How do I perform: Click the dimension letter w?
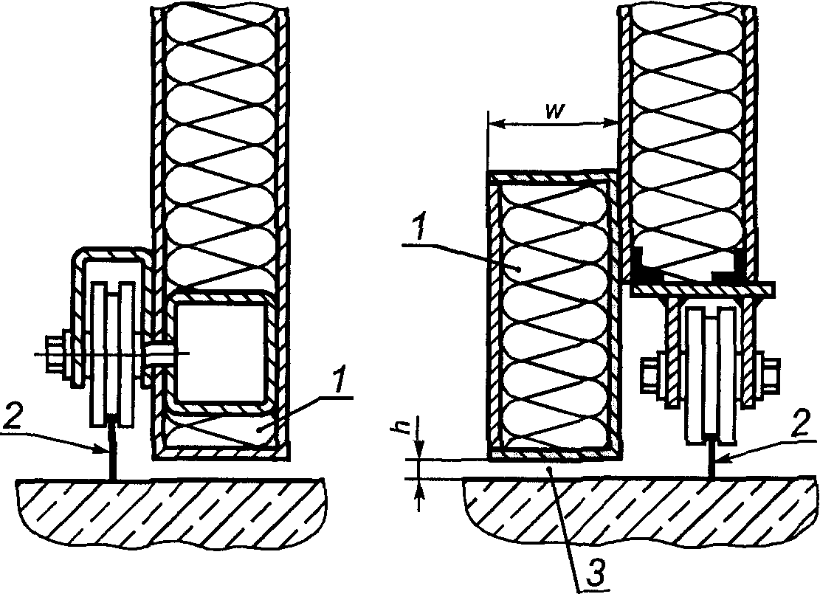pos(554,112)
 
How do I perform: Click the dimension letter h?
pos(402,426)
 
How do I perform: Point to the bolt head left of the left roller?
pos(54,354)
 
